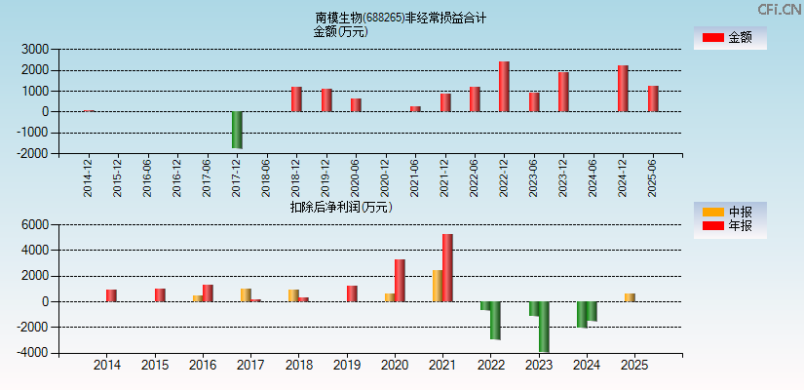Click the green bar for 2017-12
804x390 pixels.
pyautogui.click(x=237, y=130)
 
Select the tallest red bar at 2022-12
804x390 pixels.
pyautogui.click(x=504, y=87)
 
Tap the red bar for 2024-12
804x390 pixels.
pyautogui.click(x=623, y=89)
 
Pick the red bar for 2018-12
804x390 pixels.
pyautogui.click(x=296, y=99)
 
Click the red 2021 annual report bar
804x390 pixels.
pyautogui.click(x=447, y=268)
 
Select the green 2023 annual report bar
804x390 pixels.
pyautogui.click(x=544, y=327)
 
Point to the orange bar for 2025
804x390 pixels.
pyautogui.click(x=630, y=297)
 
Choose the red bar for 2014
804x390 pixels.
pyautogui.click(x=111, y=295)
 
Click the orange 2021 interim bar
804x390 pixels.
pyautogui.click(x=438, y=286)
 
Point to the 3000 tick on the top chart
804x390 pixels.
pyautogui.click(x=37, y=49)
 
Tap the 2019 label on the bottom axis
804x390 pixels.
pyautogui.click(x=346, y=366)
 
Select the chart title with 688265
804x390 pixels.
pyautogui.click(x=401, y=18)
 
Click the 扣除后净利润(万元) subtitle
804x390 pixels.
pyautogui.click(x=341, y=207)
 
